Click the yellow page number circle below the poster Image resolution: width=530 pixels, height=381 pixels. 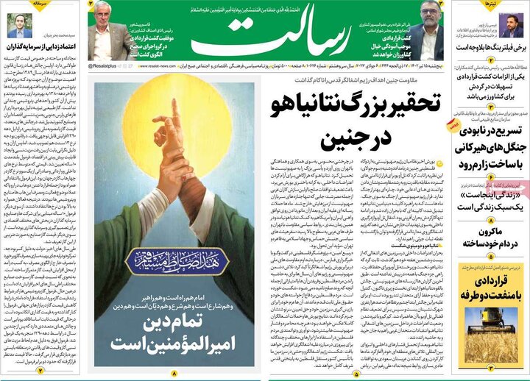coord(174,374)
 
